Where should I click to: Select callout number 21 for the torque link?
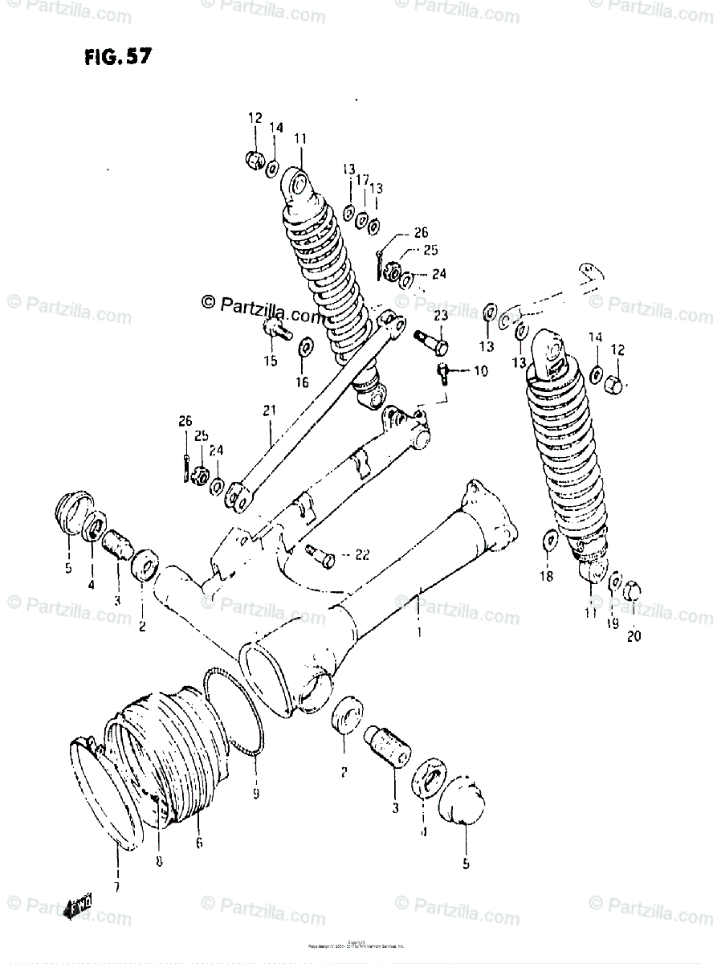[267, 411]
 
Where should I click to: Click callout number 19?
[613, 623]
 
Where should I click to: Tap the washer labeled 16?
[306, 349]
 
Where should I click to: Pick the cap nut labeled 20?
[631, 591]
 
